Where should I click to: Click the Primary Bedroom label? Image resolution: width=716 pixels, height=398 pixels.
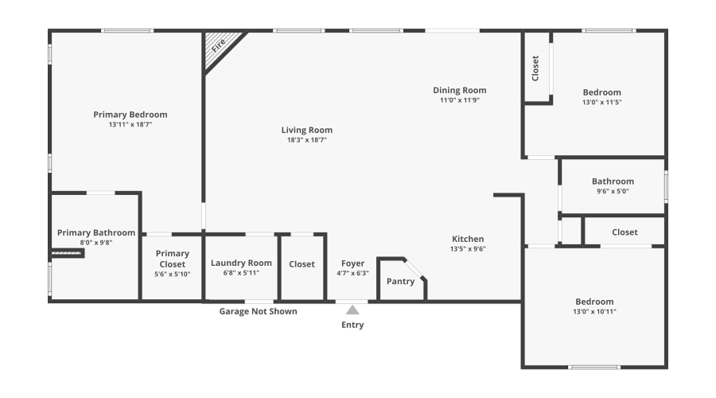coord(130,115)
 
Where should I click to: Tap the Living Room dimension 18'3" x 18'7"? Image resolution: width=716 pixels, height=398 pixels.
coord(307,139)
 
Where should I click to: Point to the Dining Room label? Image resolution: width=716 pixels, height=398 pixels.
coord(460,90)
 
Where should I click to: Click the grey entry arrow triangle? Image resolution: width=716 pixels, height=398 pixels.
coord(352,310)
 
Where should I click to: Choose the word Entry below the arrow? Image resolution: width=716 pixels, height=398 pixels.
coord(352,325)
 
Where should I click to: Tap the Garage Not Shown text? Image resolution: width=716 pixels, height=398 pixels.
coord(258,311)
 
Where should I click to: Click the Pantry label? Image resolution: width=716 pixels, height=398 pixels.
coord(399,281)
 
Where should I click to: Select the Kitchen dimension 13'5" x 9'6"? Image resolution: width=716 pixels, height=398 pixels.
coord(468,248)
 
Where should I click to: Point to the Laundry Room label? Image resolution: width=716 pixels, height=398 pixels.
coord(241,263)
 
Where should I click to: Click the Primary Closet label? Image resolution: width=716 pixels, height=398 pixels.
coord(173,259)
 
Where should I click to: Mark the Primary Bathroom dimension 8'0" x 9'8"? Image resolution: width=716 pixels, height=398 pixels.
coord(95,242)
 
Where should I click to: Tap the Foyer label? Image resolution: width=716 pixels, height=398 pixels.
coord(352,263)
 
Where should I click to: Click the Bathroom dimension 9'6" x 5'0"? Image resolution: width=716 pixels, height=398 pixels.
coord(613,191)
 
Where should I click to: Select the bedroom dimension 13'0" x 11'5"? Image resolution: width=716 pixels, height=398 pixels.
coord(601,102)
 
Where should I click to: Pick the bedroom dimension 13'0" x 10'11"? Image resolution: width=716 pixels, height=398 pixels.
coord(595,311)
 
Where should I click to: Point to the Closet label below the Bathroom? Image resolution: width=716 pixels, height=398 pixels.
coord(625,232)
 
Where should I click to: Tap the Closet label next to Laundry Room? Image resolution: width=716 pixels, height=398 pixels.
coord(302,264)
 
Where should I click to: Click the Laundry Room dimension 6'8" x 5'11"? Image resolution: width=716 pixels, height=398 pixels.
coord(241,273)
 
